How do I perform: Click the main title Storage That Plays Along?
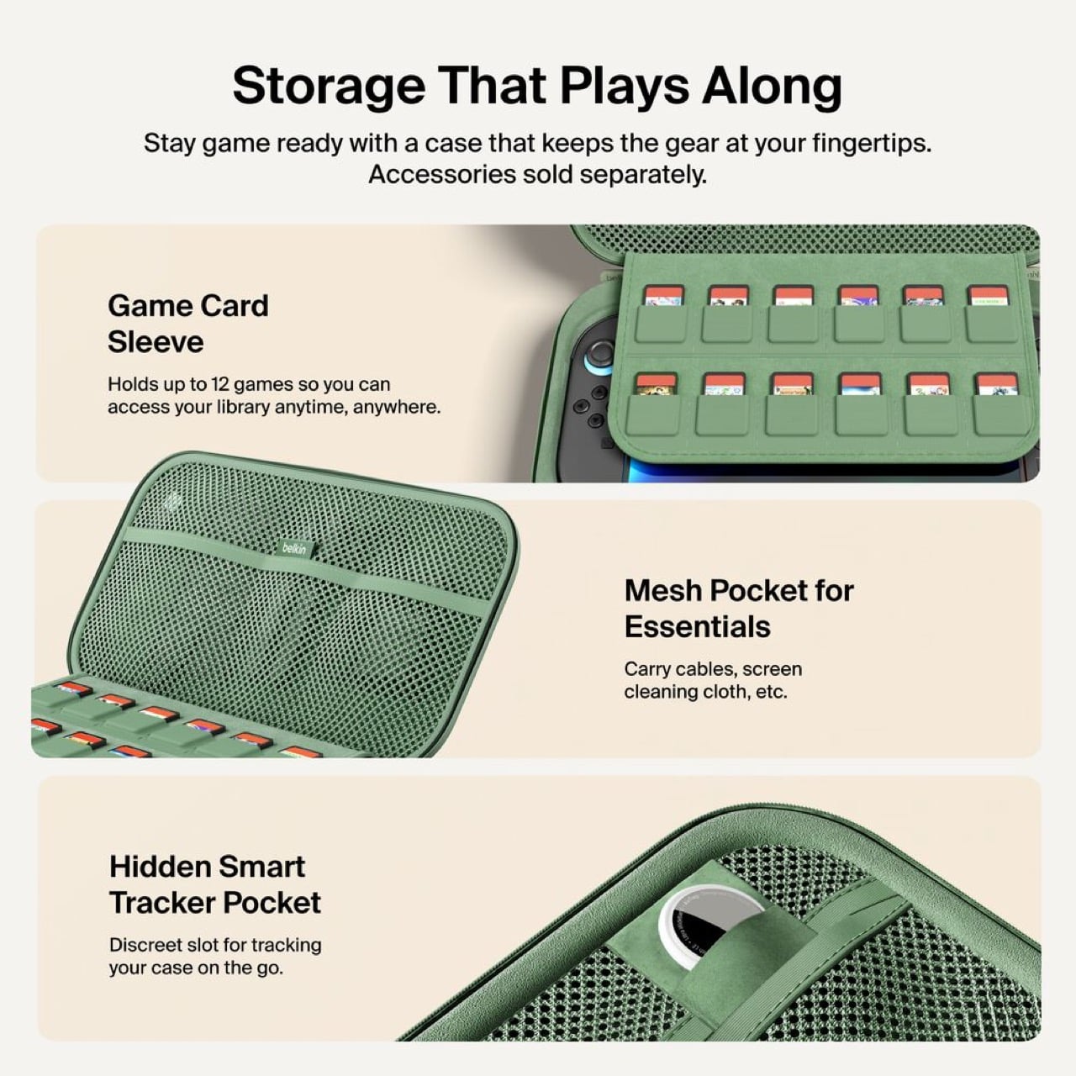[x=537, y=86]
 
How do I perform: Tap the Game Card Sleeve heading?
[x=187, y=324]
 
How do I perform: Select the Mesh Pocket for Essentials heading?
[x=738, y=609]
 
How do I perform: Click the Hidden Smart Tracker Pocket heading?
[x=214, y=884]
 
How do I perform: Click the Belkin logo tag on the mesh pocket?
[x=294, y=548]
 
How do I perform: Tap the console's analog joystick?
[x=599, y=353]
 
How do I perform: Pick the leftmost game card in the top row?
[x=663, y=296]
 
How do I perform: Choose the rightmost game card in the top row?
[x=988, y=296]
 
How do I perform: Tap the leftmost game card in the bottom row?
[x=656, y=385]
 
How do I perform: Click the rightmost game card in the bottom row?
[x=996, y=385]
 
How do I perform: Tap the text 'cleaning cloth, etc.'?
[x=705, y=692]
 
